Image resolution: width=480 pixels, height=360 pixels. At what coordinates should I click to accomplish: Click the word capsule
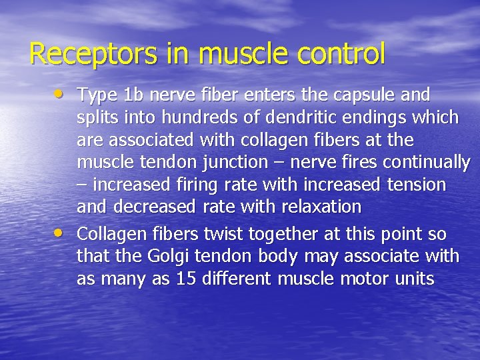pos(361,95)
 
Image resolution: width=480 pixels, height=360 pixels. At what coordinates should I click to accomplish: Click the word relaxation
pos(318,207)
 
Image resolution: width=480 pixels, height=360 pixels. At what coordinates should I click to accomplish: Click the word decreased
pos(153,207)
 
